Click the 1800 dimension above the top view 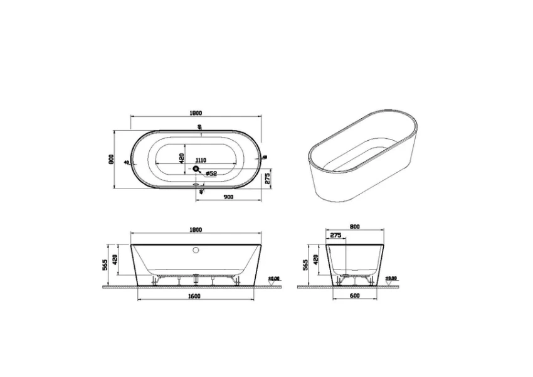(196, 113)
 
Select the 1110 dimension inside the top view (202, 160)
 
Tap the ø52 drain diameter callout (211, 173)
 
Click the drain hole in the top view (196, 168)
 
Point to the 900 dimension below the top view (228, 197)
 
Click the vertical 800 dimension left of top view (110, 160)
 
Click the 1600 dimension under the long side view (194, 296)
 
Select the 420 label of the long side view (115, 258)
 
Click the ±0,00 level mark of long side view (274, 278)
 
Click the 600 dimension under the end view (355, 296)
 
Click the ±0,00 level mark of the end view (391, 278)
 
